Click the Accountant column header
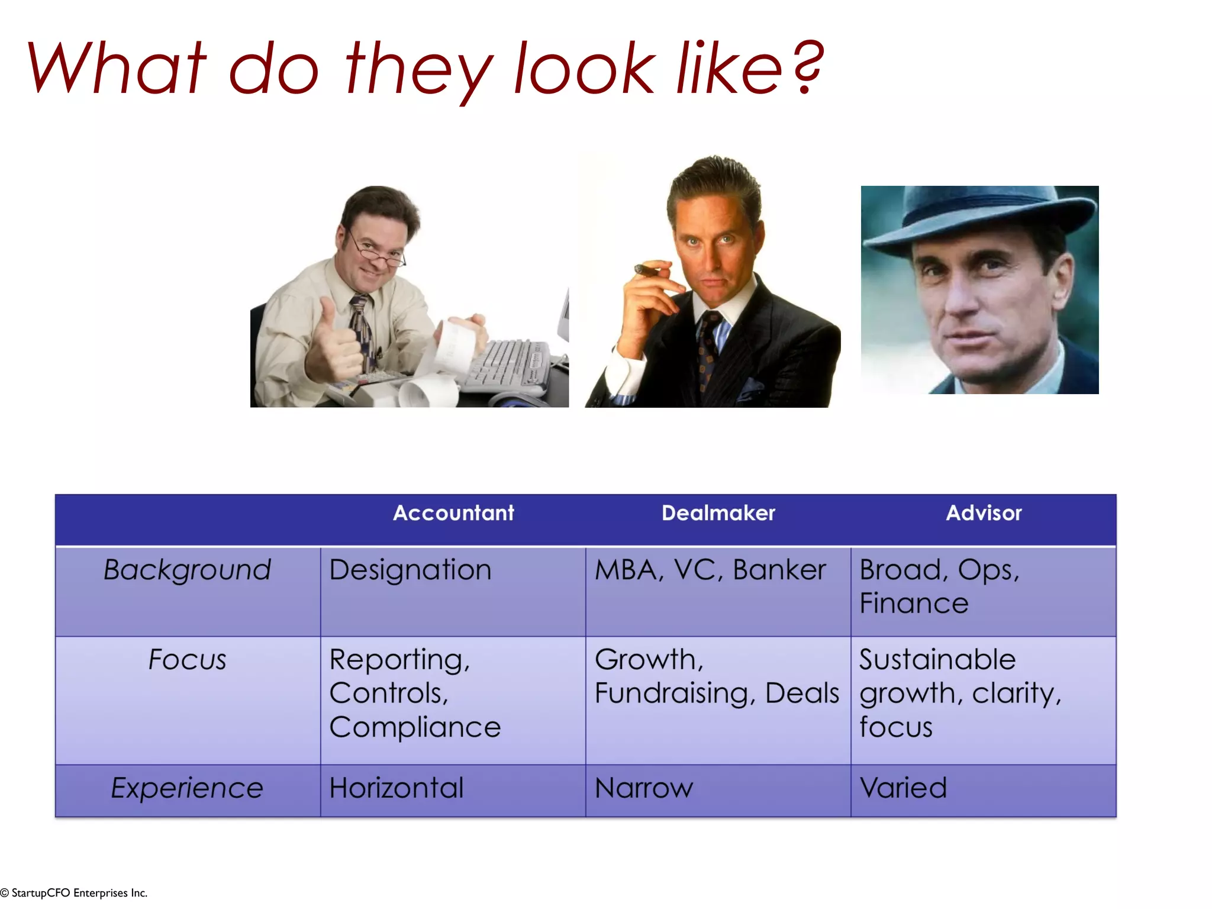[453, 513]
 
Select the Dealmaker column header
[718, 513]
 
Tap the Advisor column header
[984, 513]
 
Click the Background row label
[187, 570]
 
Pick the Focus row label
[187, 660]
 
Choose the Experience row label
[187, 788]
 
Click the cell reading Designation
[410, 570]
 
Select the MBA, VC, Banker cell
[710, 570]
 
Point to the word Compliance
[415, 727]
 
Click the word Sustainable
[937, 660]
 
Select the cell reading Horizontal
[397, 788]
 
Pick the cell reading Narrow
[644, 788]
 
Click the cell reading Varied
[903, 788]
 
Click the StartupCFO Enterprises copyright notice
[74, 893]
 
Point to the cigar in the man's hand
[647, 271]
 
